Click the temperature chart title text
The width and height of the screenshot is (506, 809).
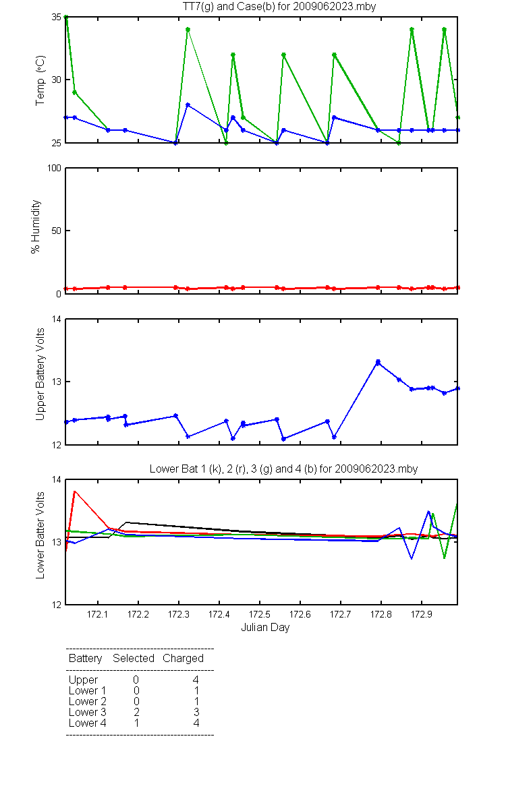[279, 6]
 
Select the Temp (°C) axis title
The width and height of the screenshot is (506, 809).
[40, 80]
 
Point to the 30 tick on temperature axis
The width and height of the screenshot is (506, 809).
[56, 80]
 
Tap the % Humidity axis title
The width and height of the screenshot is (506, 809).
[36, 227]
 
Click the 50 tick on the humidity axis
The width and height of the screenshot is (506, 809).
[56, 231]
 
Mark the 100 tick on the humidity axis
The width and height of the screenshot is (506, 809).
[54, 169]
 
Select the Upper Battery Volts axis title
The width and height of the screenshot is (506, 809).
[40, 375]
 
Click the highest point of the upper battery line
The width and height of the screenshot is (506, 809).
[378, 361]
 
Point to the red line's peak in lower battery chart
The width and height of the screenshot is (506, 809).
[74, 491]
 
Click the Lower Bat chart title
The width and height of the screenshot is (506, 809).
[284, 469]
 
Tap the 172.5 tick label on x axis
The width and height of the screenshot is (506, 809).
[260, 614]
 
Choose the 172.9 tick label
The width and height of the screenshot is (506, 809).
[422, 614]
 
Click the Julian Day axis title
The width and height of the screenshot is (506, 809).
[265, 628]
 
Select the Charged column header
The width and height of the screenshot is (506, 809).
[184, 659]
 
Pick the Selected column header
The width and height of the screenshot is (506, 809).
[134, 659]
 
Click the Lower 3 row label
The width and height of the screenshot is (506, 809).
[88, 712]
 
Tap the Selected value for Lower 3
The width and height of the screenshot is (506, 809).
[136, 712]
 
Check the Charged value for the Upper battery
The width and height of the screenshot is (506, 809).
[196, 680]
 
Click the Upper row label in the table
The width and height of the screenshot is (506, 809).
[83, 680]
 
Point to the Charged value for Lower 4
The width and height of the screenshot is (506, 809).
[196, 723]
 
